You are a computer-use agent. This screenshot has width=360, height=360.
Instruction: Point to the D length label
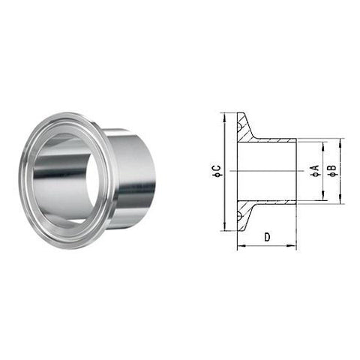[267, 238]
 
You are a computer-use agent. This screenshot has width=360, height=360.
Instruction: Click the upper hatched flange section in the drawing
[245, 129]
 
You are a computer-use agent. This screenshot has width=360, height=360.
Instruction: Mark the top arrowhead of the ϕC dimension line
[224, 115]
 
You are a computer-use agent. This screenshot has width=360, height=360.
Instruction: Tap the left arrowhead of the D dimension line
[240, 247]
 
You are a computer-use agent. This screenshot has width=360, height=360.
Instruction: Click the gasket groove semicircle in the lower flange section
[239, 216]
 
